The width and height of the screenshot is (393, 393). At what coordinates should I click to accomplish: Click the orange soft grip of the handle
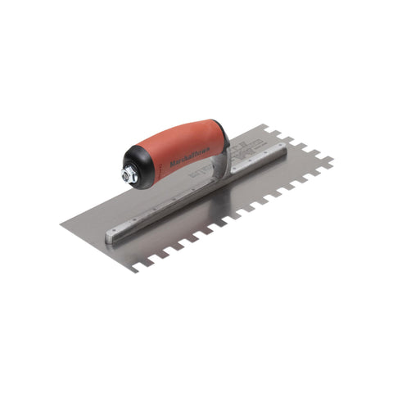click(184, 146)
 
